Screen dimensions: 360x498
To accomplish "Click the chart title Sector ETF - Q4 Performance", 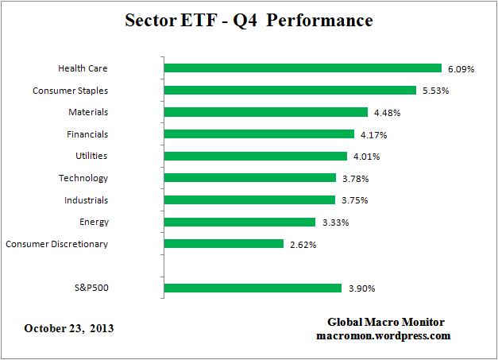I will click(249, 21).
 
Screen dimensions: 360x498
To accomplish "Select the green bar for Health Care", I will click(302, 68).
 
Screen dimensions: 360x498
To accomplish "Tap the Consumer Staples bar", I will click(289, 91).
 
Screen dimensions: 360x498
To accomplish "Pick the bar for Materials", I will click(265, 112).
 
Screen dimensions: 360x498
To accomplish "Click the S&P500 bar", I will click(252, 288).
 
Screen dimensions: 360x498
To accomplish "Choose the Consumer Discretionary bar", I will click(223, 244).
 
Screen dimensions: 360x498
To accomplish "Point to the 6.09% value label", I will click(461, 69).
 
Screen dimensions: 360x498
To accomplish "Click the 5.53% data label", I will click(435, 91).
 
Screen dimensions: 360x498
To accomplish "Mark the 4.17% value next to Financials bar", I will click(373, 134).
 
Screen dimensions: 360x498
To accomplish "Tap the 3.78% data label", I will click(355, 178).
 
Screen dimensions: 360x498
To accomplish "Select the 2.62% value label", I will click(302, 244).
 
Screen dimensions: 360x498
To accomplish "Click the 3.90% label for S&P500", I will click(360, 288).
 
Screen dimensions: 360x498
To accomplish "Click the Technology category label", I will click(83, 178).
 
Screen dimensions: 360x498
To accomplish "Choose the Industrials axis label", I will click(86, 200).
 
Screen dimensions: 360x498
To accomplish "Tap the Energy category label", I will click(94, 222).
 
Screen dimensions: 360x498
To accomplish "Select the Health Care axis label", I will click(83, 68).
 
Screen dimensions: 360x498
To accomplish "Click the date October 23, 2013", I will click(69, 327).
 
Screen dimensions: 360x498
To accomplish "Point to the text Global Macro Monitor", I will click(386, 322).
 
